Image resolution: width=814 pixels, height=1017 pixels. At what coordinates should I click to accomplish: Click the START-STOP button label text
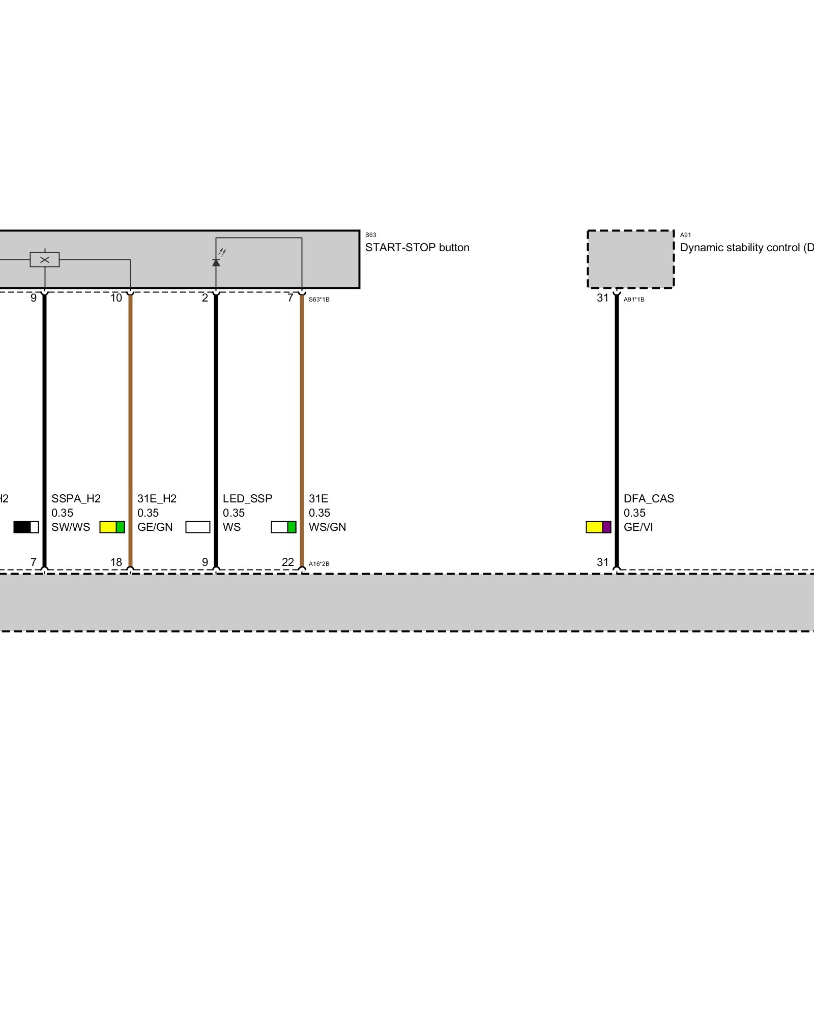(x=417, y=248)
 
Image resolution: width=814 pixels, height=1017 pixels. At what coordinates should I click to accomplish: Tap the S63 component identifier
(x=370, y=235)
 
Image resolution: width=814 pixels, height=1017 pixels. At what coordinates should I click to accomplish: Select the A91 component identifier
(x=685, y=235)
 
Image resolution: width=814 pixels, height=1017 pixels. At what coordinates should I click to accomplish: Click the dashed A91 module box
(x=630, y=259)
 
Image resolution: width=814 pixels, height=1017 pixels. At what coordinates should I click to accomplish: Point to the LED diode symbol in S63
(x=216, y=262)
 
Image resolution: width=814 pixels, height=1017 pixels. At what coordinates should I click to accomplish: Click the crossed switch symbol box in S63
(x=45, y=260)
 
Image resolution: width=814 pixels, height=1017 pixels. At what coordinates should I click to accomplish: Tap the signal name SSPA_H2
(x=76, y=499)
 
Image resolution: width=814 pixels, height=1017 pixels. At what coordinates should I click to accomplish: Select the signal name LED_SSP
(x=247, y=499)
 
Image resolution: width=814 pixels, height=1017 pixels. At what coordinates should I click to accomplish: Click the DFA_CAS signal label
(x=649, y=499)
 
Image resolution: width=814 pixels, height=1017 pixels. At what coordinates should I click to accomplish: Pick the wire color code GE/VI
(x=638, y=527)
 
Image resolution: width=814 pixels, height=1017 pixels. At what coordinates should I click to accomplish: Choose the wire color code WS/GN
(x=327, y=527)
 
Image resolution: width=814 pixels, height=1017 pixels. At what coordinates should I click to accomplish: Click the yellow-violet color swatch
(x=598, y=527)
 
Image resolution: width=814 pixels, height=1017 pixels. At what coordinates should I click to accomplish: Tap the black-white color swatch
(x=26, y=527)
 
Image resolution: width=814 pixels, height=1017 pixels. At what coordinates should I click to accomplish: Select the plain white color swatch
(x=198, y=527)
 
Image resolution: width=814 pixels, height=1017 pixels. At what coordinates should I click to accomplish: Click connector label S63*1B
(x=319, y=300)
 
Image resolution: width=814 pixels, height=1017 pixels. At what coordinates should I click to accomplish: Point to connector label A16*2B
(x=319, y=564)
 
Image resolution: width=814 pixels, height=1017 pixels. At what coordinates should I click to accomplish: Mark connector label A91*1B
(x=634, y=300)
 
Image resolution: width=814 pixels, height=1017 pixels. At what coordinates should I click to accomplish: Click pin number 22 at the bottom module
(x=288, y=562)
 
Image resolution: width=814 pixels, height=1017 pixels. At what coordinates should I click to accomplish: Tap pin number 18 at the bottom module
(x=116, y=562)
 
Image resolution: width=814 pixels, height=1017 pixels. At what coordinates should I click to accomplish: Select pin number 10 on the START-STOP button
(x=116, y=298)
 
